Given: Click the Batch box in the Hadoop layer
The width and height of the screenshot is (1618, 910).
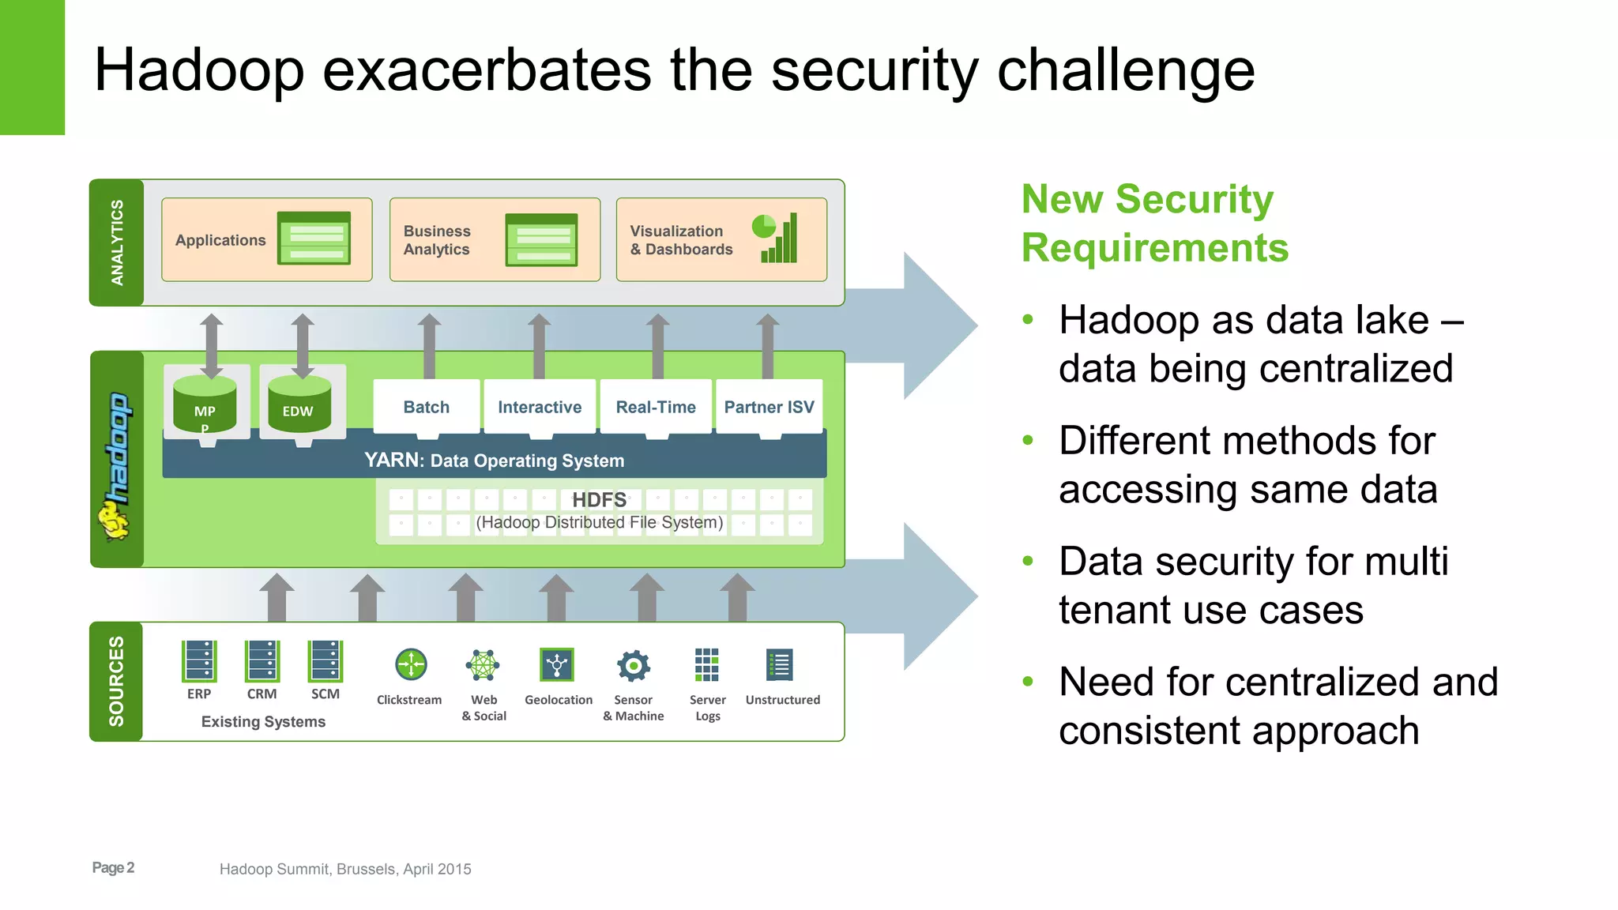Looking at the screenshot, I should click(427, 407).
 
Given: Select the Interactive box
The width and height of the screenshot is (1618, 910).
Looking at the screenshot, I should click(540, 407).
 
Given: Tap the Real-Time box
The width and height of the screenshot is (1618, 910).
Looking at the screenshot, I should click(656, 407).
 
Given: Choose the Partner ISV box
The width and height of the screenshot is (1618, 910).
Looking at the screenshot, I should click(769, 407).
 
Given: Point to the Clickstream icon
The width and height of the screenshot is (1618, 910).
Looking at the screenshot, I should click(411, 664).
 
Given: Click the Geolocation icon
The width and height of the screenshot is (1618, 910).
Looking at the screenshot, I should click(557, 664).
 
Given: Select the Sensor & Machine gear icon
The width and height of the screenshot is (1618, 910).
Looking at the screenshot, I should click(634, 665).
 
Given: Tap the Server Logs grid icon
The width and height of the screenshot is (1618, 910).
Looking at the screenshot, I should click(707, 664).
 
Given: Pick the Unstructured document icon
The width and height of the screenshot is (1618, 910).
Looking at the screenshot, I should click(780, 665).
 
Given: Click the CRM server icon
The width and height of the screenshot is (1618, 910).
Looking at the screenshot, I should click(262, 660).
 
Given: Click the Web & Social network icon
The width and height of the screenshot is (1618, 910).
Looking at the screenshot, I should click(483, 665).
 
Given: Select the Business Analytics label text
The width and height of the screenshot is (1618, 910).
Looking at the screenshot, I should click(437, 240).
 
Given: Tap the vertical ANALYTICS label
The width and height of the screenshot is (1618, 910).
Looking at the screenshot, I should click(117, 243).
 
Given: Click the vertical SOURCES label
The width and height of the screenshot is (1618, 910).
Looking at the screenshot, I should click(116, 681).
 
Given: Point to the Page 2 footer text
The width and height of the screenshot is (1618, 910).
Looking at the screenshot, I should click(113, 867).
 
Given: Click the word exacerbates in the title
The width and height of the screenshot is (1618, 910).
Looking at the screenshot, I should click(487, 70).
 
